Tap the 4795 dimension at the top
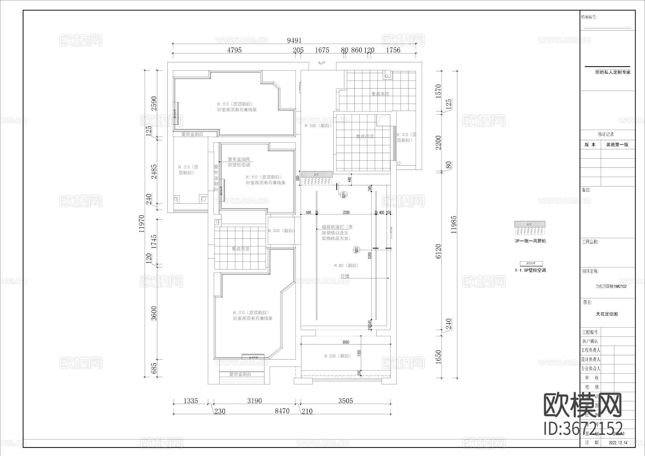[x=234, y=50]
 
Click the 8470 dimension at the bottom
[x=282, y=411]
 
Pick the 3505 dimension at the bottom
[x=345, y=401]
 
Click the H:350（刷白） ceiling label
[x=318, y=126]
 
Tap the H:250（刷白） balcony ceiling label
[x=338, y=356]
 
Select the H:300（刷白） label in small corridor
[x=281, y=231]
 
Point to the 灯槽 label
[x=345, y=276]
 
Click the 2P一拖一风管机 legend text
[x=530, y=241]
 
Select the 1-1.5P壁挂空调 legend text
[x=530, y=270]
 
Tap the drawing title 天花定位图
[x=607, y=314]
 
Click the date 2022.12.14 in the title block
[x=618, y=443]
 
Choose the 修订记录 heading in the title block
[x=606, y=134]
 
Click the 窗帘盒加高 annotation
[x=239, y=159]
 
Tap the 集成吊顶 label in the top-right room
[x=380, y=94]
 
